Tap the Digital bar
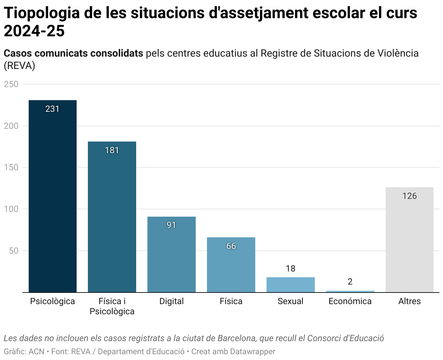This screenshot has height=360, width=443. [x=171, y=254]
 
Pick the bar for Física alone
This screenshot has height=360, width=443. [x=231, y=265]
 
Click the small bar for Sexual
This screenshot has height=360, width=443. [x=290, y=285]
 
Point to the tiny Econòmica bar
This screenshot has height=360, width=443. [x=350, y=291]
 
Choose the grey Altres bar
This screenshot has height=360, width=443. [x=409, y=240]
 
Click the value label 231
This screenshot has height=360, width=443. [x=53, y=109]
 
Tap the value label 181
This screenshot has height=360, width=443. [x=112, y=150]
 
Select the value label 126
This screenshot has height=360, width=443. [x=409, y=196]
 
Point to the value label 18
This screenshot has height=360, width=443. [x=290, y=269]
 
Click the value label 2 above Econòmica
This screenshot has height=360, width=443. [x=350, y=282]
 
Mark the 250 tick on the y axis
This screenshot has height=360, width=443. [x=11, y=84]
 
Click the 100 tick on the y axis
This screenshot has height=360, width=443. [x=11, y=209]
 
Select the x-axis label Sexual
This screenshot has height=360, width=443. [x=290, y=301]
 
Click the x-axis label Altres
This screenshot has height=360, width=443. [x=409, y=301]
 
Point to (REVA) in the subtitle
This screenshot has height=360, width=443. [x=19, y=66]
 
